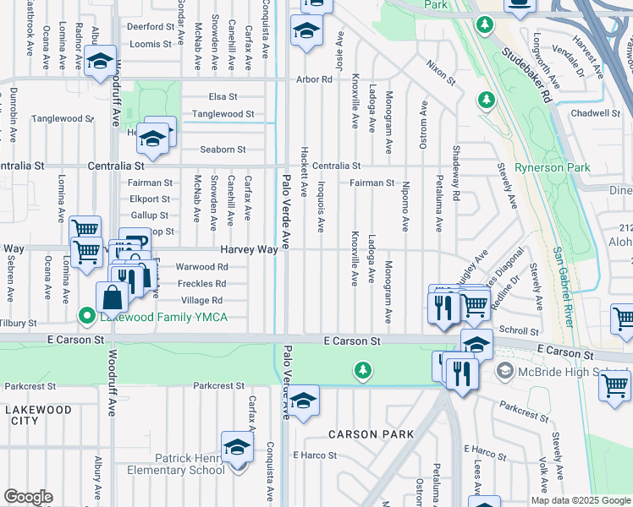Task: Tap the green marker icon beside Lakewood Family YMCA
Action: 86,317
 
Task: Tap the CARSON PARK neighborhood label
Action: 371,434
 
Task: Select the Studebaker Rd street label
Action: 526,74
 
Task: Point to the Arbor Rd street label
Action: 314,79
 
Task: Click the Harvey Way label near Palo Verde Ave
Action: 249,249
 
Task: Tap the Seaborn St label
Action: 223,150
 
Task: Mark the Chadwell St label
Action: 596,112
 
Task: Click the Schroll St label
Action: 519,331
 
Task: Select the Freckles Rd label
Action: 201,283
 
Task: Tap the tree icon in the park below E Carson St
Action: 362,370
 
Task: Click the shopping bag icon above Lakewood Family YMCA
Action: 112,297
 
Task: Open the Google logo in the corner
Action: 28,497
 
